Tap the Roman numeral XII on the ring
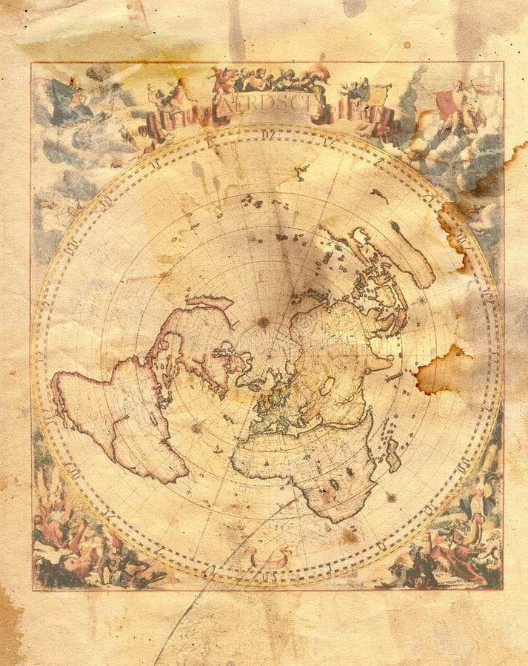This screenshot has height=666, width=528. point(268,135)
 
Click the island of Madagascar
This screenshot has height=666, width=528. point(393,454)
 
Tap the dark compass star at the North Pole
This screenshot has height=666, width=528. point(263,323)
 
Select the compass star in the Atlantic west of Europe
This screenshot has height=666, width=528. point(197,428)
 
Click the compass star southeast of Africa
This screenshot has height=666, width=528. point(390,497)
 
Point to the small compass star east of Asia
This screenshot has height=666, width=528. point(422,300)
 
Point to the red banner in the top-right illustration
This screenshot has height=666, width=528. point(446,104)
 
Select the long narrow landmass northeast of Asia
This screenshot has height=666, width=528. point(411,255)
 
